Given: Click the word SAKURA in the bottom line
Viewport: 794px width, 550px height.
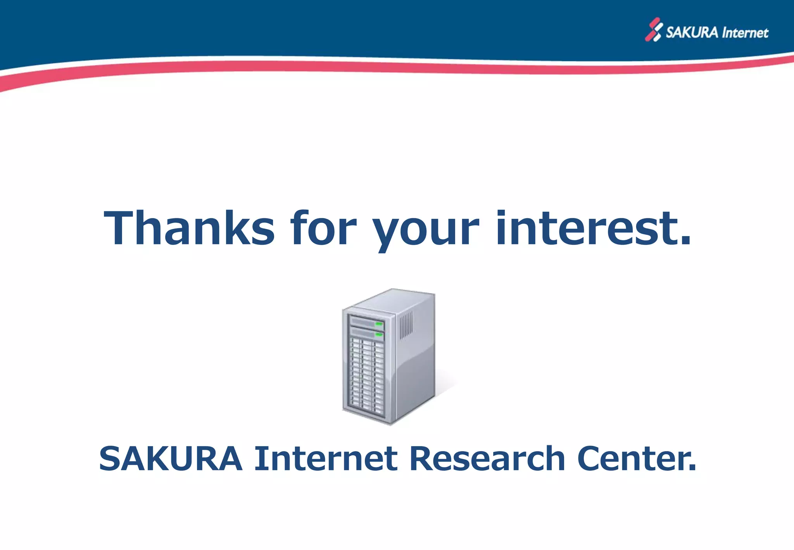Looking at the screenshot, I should (171, 458).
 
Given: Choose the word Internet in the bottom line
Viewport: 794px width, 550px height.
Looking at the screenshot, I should (326, 458).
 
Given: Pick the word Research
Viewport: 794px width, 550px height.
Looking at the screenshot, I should (487, 458).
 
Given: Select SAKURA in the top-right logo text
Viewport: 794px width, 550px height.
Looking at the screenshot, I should (692, 32).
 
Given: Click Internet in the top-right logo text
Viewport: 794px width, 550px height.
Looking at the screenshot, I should (745, 33).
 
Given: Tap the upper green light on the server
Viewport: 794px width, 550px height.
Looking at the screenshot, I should (379, 323).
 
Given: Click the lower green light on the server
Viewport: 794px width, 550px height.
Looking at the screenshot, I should (379, 334).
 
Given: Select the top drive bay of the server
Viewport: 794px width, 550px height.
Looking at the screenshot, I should (366, 322).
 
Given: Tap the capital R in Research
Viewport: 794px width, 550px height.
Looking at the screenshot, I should (421, 458).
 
